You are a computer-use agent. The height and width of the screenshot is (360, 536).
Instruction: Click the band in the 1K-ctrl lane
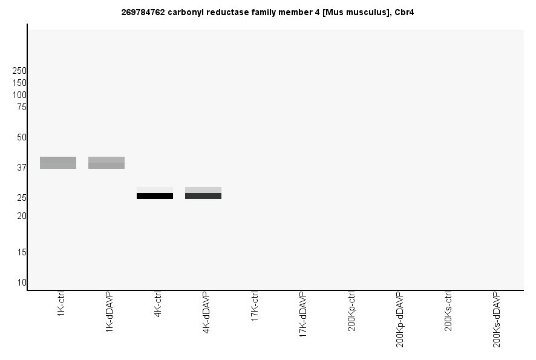point(58,163)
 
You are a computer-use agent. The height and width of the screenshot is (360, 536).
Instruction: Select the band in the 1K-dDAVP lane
point(106,163)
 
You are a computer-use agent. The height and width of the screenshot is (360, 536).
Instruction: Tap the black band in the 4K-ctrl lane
point(155,196)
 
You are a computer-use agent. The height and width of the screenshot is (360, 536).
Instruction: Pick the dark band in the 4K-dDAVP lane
point(203,196)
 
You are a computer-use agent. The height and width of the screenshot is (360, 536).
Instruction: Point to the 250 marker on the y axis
point(19,71)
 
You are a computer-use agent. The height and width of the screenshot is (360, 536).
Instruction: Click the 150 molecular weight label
point(19,83)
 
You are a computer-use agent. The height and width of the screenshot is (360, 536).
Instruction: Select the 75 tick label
point(22,107)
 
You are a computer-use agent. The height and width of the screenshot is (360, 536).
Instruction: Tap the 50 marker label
point(22,137)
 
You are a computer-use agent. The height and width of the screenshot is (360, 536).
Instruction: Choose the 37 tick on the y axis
point(22,168)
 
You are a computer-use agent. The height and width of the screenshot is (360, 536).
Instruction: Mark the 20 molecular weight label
point(22,216)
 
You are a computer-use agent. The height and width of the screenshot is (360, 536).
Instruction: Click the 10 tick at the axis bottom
point(22,283)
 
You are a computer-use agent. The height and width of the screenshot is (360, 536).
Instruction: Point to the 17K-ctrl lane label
point(255,306)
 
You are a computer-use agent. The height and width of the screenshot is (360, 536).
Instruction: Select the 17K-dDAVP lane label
point(303,310)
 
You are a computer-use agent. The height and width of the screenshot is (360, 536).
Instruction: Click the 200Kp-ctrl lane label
point(351,311)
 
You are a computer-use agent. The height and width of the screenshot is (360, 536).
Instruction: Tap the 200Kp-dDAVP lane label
point(400,319)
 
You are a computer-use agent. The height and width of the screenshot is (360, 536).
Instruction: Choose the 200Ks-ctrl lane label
point(448,311)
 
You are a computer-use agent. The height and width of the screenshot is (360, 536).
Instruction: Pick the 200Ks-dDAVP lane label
point(497,319)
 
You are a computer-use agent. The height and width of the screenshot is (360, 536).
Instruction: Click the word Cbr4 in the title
point(404,11)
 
